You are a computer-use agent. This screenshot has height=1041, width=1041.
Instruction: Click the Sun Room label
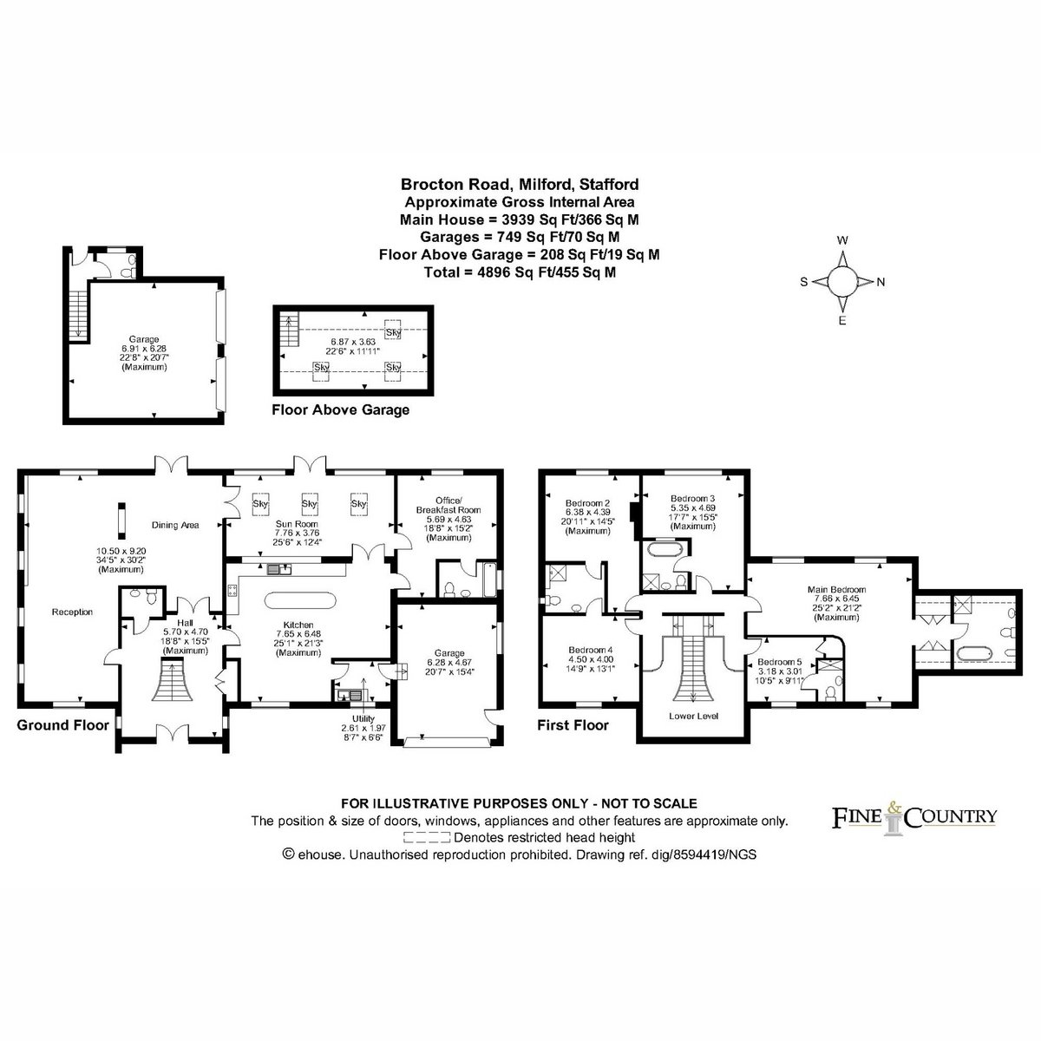coord(297,523)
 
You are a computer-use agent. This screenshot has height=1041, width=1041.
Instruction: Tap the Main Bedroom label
coord(836,589)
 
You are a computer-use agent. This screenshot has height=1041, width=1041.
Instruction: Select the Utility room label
coord(363,718)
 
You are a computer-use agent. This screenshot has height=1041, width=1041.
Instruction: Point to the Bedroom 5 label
coord(780,662)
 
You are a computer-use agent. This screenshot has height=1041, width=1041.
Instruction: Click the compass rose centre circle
coord(841,281)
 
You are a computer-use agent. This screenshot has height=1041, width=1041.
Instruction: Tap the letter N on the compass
coord(881,282)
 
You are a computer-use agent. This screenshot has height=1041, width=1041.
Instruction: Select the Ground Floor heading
coord(62,725)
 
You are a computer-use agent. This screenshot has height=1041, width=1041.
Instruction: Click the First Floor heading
coord(573,725)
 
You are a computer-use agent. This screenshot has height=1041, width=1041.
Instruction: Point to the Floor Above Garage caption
coord(340,410)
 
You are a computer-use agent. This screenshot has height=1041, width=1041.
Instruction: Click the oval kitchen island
coord(300,600)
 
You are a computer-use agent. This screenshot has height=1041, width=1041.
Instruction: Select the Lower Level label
coord(693,717)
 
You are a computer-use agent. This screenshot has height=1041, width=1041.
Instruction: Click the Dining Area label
coord(175,525)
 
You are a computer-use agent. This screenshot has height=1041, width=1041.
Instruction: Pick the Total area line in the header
coord(520,272)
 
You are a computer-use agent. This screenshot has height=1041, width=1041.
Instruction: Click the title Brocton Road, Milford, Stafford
coord(520,184)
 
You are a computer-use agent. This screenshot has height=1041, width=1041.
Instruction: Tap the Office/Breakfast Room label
coord(448,505)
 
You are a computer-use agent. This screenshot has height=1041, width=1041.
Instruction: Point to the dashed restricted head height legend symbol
coord(427,838)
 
